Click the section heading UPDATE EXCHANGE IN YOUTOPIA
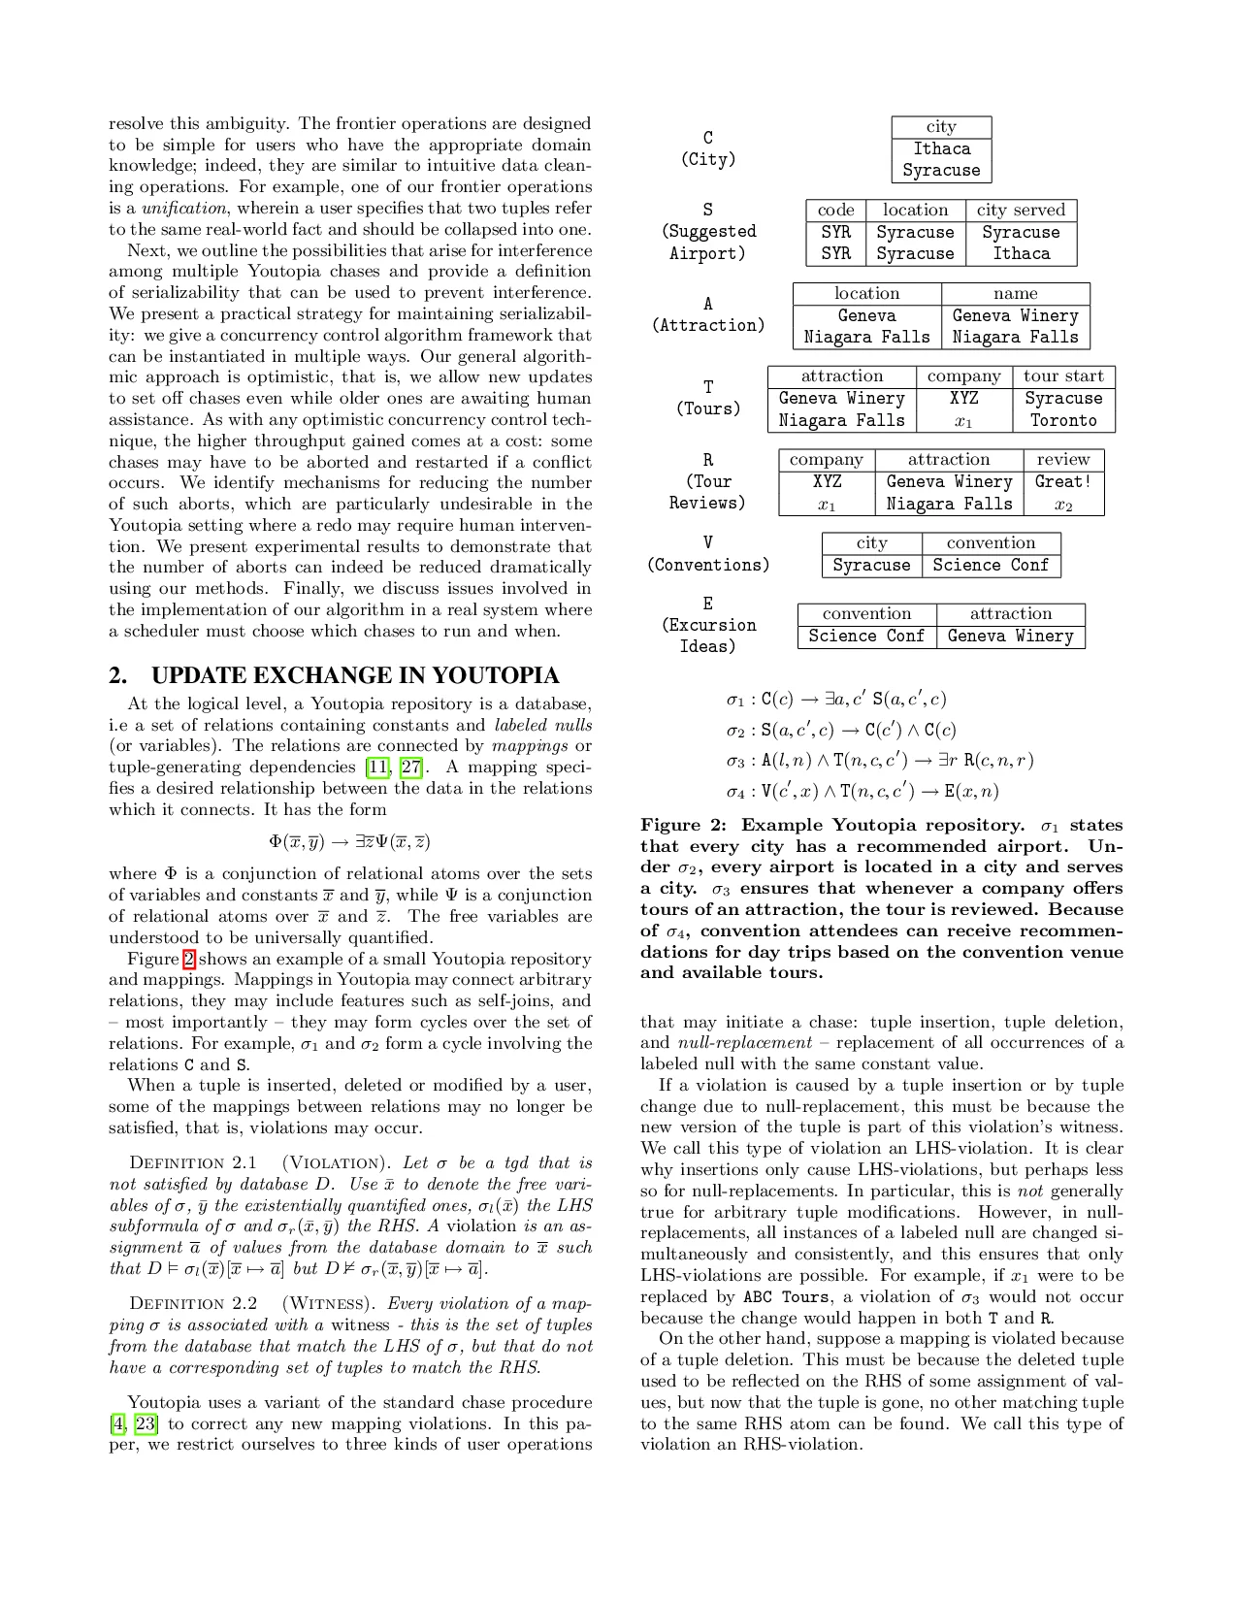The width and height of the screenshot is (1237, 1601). coord(355,676)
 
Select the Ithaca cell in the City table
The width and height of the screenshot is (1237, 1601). coord(941,148)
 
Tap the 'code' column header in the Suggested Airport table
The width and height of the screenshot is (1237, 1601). coord(835,211)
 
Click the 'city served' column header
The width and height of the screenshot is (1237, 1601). coord(1021,211)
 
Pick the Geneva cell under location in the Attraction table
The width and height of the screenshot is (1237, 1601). coord(866,315)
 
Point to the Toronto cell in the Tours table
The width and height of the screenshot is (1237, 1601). coord(1063,420)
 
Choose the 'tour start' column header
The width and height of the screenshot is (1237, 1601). coord(1063,376)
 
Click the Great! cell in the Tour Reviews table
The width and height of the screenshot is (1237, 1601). coord(1063,481)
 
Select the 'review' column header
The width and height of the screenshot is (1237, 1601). coord(1063,460)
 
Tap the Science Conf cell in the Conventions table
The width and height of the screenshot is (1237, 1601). coord(991,565)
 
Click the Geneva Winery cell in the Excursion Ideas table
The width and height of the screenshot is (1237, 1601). coord(1010,636)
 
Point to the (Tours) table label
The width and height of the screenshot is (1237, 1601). coord(708,408)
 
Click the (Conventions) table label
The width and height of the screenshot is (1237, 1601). coord(708,565)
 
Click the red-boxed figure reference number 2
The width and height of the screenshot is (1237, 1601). coord(189,960)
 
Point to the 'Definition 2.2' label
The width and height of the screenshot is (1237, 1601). coord(193,1304)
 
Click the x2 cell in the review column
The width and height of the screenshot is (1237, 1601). coord(1063,505)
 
